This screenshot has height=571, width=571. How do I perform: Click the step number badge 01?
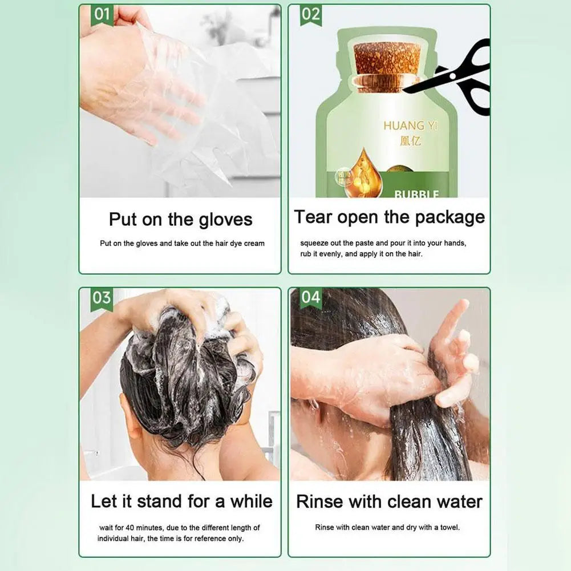tap(102, 15)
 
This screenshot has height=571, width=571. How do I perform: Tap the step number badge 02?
tap(311, 15)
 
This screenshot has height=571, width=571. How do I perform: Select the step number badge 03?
tap(102, 298)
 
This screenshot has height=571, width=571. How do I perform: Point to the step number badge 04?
tap(311, 298)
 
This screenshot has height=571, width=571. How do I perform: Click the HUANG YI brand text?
tap(410, 125)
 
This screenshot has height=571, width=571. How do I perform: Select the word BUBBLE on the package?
tap(417, 194)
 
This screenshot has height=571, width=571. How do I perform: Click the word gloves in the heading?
tap(225, 220)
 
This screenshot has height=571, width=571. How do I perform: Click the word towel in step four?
tap(448, 528)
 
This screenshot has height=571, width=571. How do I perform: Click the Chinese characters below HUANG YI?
tap(410, 140)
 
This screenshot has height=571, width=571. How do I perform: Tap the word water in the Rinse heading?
tap(456, 501)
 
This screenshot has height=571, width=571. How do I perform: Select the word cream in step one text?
tap(254, 243)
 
